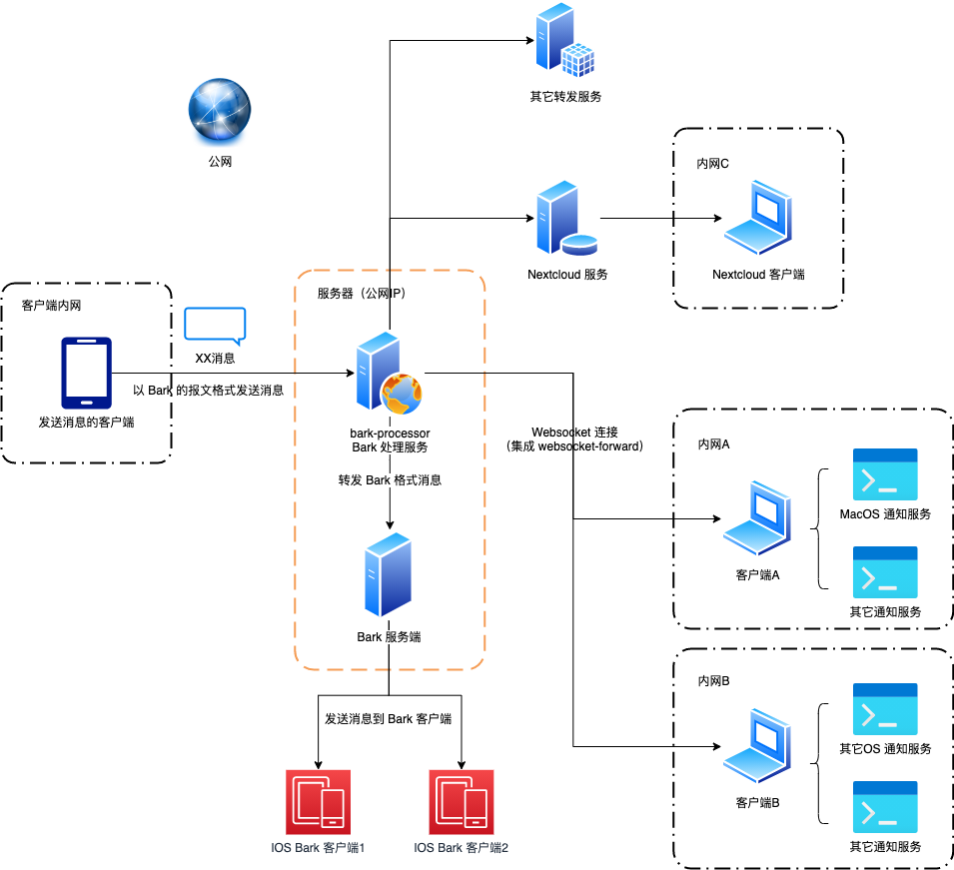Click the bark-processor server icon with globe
(388, 376)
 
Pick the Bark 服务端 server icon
(389, 575)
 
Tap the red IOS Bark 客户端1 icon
(318, 802)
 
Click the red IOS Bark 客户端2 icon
(461, 802)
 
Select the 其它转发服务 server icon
(564, 41)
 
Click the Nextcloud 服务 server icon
(564, 219)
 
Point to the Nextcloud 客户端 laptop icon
(758, 219)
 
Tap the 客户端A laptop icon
(757, 519)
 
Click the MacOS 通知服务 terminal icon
(885, 474)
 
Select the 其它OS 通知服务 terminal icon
(885, 709)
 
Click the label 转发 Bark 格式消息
(390, 480)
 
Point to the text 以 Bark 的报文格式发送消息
(208, 391)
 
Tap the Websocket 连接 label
(573, 433)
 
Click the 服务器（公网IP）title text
(362, 294)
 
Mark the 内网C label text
(713, 164)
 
